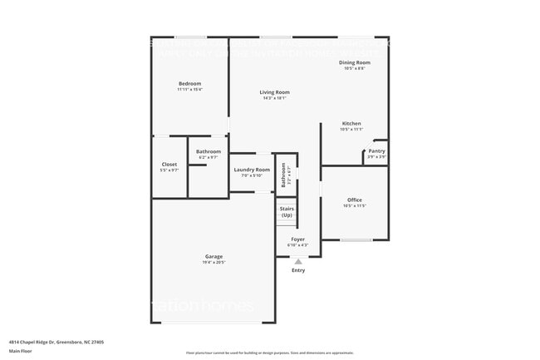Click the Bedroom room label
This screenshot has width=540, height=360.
tap(189, 84)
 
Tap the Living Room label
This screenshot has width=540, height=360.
tap(274, 91)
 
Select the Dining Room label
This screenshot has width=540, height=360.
tap(354, 62)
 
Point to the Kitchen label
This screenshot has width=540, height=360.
tap(351, 123)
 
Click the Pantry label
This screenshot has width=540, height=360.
tap(376, 150)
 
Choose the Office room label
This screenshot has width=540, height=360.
tap(354, 200)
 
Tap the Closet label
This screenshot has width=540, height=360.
tap(169, 165)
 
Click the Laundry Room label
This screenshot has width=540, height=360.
tap(252, 170)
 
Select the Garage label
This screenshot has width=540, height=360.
tap(214, 256)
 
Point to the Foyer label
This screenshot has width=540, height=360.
tap(297, 239)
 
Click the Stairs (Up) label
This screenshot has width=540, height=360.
tap(287, 212)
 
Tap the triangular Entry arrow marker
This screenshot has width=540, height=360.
tap(298, 261)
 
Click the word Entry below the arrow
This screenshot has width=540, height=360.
tap(298, 270)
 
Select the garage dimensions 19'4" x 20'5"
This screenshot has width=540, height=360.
tap(214, 263)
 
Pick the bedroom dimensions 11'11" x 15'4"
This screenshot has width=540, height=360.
tap(189, 90)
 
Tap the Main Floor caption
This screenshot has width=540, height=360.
tap(20, 350)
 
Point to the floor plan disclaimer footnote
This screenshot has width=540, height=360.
tap(269, 353)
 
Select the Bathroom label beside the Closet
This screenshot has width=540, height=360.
tap(209, 151)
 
